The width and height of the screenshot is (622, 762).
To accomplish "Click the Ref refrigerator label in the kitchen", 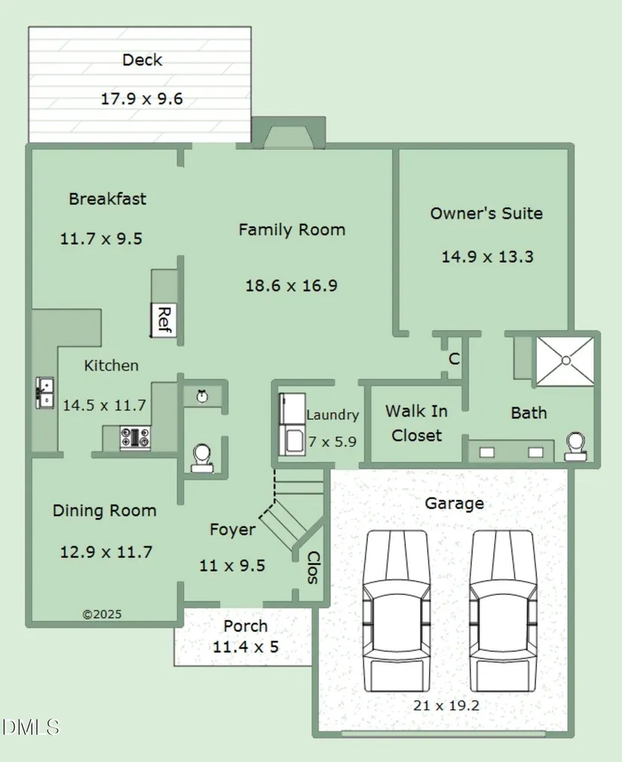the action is coord(164,320).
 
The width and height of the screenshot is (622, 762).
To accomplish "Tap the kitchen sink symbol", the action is coord(44,392).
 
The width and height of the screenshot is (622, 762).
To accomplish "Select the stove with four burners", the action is coord(135,437).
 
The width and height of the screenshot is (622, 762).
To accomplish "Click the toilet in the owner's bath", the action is coord(576,446).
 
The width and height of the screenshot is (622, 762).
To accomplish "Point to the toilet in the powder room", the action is coord(202,458).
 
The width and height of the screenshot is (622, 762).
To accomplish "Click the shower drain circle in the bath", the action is coord(565,361).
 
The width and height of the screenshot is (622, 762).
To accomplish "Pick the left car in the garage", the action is coord(397,611).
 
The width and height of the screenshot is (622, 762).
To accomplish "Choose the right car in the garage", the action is coord(503,611).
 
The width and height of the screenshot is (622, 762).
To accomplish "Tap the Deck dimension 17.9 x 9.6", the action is coord(142,99).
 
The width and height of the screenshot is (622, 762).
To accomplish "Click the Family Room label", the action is coord(292,230).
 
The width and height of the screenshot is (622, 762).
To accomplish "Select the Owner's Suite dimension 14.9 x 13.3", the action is coord(487,257).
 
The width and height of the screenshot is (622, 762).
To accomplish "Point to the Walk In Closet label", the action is coord(417,423).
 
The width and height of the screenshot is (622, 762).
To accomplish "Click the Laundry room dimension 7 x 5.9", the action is coord(332,442).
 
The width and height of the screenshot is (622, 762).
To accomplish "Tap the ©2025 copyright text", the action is coord(102,614).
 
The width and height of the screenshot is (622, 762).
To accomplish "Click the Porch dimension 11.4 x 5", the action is coord(246,647).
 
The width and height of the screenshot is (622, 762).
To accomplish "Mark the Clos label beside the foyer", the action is coord(314,568).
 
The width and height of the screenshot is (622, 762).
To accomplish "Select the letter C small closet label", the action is coord(454,358).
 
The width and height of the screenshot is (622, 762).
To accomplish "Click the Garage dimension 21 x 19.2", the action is coord(446,705).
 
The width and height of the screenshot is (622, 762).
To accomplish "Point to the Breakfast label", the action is coord(108,199).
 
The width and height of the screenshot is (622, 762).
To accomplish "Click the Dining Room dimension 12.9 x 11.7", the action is coord(106,552).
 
